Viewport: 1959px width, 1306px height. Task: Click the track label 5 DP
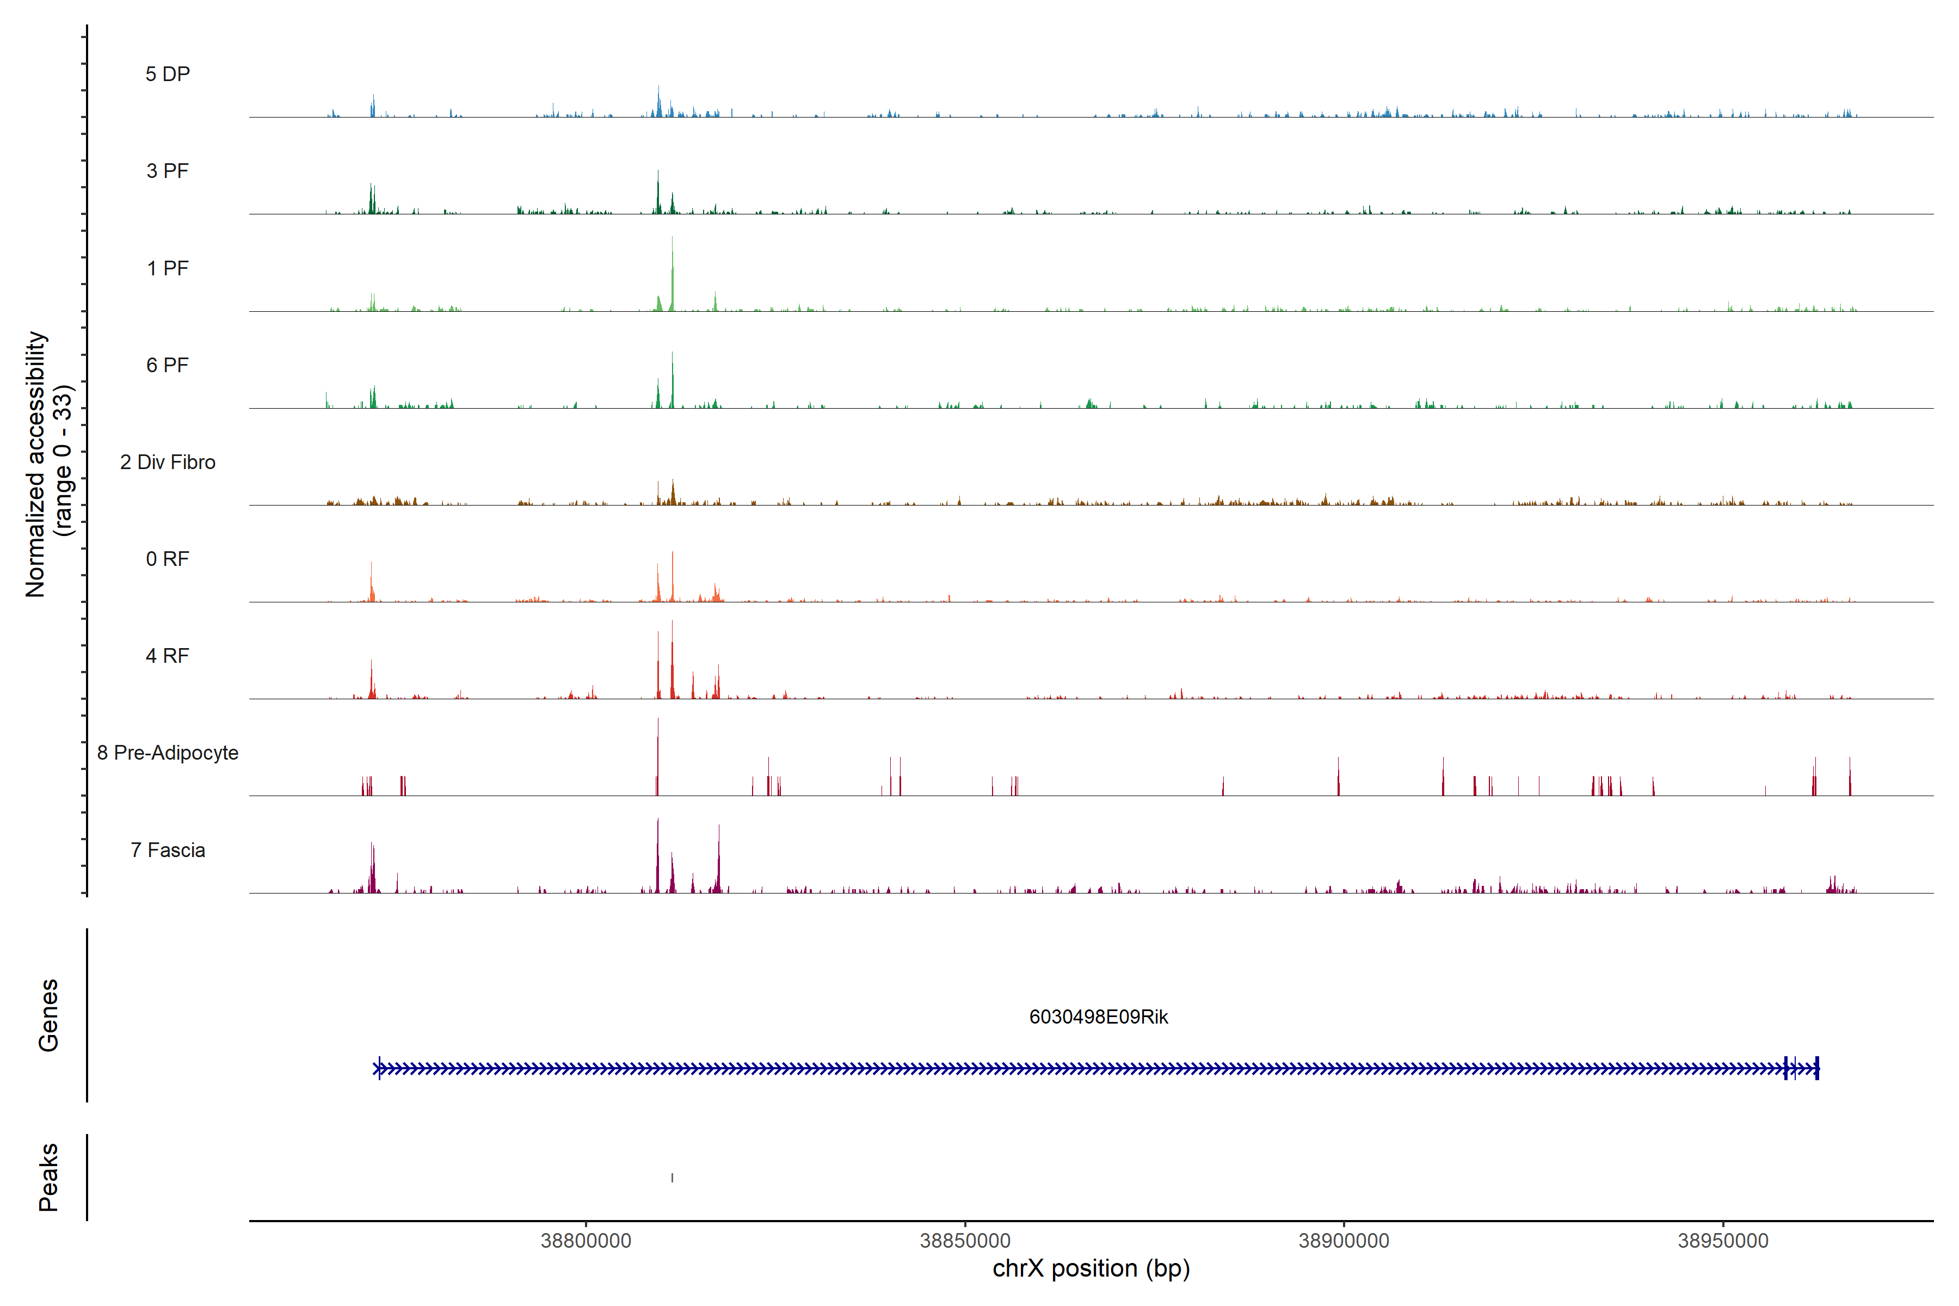(x=168, y=74)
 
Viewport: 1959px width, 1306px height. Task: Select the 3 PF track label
(x=168, y=171)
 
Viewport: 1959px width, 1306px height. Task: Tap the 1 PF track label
(x=168, y=268)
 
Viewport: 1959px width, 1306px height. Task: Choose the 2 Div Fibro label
(x=168, y=462)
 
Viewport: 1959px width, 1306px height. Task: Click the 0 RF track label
(x=168, y=559)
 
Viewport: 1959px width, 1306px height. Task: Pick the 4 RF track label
(x=168, y=656)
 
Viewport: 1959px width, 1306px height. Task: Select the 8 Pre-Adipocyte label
(x=168, y=753)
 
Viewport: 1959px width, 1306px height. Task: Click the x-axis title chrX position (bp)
(x=1091, y=1268)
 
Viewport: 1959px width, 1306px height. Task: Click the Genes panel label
(x=48, y=1015)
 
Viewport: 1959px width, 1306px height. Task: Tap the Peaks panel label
(x=48, y=1177)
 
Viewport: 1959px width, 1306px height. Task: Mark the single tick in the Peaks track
(x=672, y=1178)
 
